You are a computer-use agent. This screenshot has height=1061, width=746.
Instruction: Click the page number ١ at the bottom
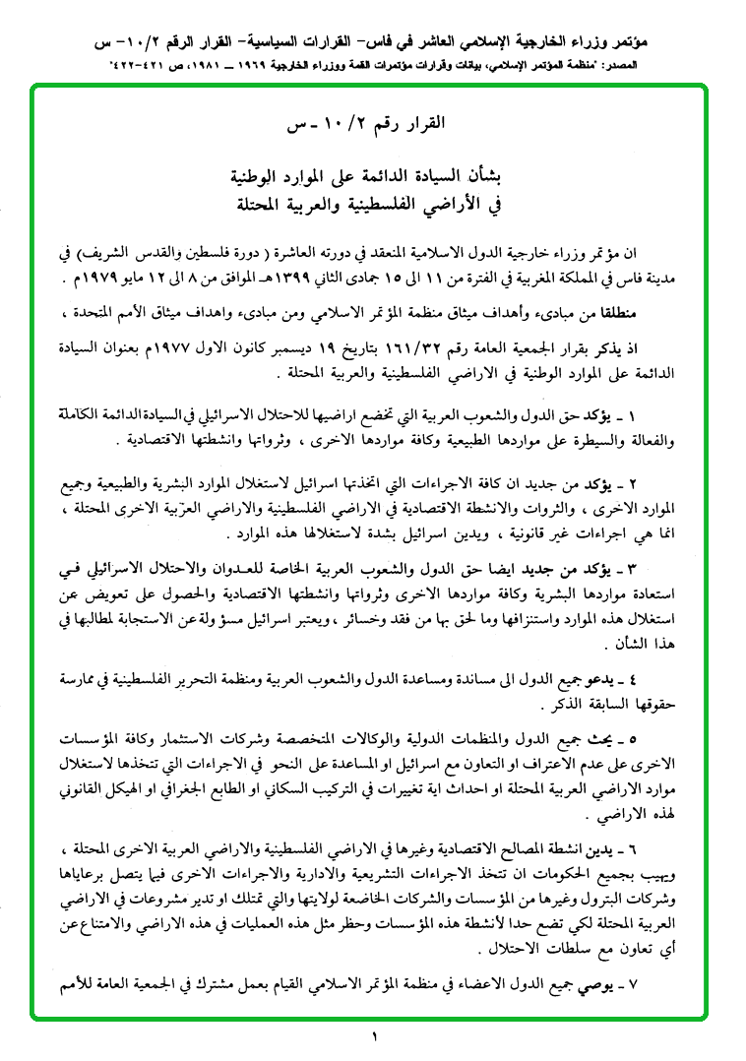tap(374, 1035)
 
